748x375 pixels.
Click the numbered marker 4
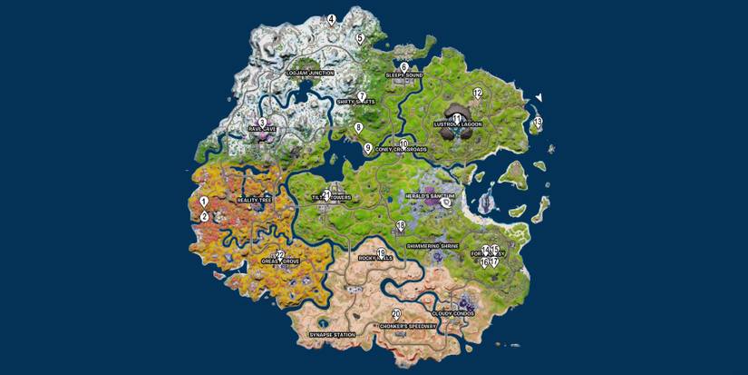[x=331, y=19]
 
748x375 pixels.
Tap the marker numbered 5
[x=360, y=38]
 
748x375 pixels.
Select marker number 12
[x=478, y=93]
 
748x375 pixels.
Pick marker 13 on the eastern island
[x=538, y=122]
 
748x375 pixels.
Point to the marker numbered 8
[x=358, y=128]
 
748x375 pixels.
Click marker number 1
[x=204, y=202]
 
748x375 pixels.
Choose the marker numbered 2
[x=205, y=216]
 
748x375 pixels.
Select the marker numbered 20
[x=396, y=314]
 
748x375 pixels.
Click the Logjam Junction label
[x=309, y=73]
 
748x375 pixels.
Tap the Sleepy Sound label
[x=404, y=75]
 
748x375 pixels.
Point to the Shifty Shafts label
[x=355, y=102]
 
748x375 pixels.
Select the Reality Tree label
[x=254, y=200]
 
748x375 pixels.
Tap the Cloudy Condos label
[x=452, y=313]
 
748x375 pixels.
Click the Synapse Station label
[x=332, y=334]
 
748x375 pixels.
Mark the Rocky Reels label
[x=375, y=258]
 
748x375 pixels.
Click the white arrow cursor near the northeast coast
[x=539, y=97]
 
